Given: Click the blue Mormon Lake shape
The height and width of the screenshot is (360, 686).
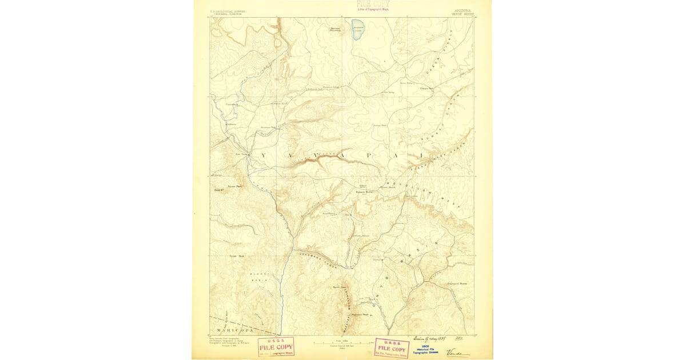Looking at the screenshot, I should [358, 32].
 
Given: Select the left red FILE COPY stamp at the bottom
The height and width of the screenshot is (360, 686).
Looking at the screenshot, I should [276, 346].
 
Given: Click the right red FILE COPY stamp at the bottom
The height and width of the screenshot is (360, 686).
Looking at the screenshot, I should [392, 347].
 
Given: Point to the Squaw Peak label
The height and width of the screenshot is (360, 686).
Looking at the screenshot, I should [236, 186].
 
